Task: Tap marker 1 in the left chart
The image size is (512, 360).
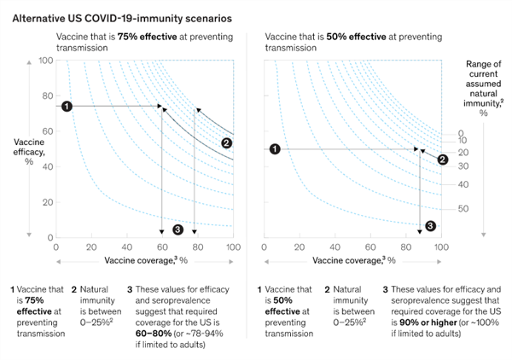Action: click(67, 106)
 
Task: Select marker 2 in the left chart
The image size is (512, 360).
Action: click(226, 142)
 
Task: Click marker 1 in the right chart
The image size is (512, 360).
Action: click(274, 149)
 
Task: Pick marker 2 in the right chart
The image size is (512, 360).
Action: click(442, 159)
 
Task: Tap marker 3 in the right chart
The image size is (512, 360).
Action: click(430, 226)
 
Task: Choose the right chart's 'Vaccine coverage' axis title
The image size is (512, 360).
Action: click(352, 258)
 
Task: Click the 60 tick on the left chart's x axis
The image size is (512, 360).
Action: click(161, 246)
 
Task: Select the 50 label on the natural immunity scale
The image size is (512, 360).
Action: click(463, 208)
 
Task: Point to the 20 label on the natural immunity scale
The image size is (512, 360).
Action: click(463, 153)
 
